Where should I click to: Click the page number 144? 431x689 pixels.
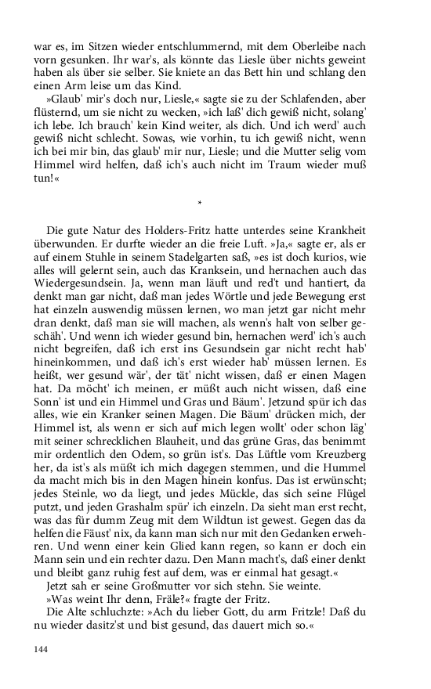41,649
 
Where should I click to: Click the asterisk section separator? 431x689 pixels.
201,204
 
